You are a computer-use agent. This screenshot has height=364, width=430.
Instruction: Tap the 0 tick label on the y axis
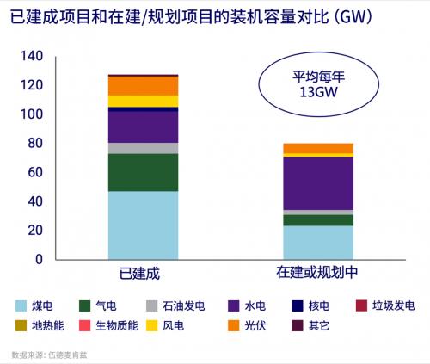click(x=39, y=259)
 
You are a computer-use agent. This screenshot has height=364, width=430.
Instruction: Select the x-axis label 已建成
click(x=142, y=274)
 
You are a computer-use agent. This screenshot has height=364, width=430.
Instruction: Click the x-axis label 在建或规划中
click(x=318, y=274)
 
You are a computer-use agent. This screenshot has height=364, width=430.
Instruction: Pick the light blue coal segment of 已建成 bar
click(x=143, y=225)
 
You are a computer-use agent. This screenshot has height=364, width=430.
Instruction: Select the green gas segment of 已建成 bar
click(x=143, y=172)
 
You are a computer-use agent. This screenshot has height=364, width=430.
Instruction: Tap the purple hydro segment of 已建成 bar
click(x=143, y=126)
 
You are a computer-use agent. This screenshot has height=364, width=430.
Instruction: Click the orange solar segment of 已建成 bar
click(x=143, y=85)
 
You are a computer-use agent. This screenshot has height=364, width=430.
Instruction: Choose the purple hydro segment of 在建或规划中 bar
click(x=319, y=183)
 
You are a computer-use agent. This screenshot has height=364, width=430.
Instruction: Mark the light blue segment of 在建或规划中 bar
click(x=319, y=242)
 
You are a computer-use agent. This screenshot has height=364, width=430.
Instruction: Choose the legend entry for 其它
click(x=306, y=326)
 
